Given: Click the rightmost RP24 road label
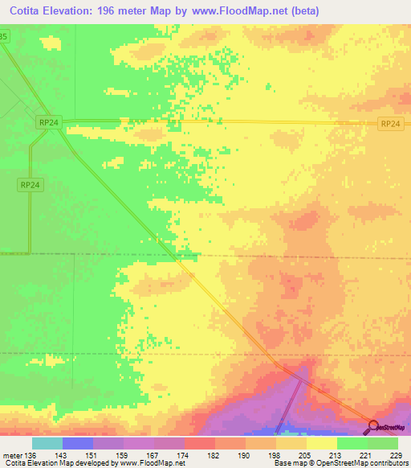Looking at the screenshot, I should (390, 123).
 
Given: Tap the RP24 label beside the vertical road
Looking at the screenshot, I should (28, 184).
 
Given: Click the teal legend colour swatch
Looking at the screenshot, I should (47, 443).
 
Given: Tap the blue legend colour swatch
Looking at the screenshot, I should (77, 443).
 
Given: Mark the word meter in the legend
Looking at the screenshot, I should (12, 454).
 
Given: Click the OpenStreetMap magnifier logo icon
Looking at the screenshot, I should (373, 425).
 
